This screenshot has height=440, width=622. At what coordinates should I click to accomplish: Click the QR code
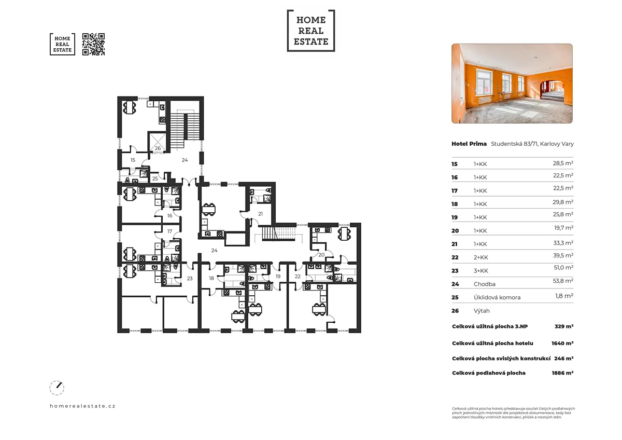pos(94,44)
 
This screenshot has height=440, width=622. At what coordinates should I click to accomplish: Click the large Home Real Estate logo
pos(311,31)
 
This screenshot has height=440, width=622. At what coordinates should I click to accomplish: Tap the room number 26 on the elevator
pos(158,148)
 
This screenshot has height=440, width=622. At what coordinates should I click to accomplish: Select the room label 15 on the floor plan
pos(133,160)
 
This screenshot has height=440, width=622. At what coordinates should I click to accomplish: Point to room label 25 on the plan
pos(155,178)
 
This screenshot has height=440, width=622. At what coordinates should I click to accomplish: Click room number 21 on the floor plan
pos(260,214)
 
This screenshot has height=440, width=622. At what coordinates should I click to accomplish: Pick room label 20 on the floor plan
pos(321,255)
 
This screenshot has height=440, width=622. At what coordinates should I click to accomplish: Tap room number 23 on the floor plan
pos(190,278)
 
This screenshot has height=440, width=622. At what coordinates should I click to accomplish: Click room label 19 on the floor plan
pos(278,276)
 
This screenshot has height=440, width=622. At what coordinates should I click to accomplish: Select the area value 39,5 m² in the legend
pos(563,255)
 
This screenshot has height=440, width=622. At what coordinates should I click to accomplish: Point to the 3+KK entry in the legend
pos(480,271)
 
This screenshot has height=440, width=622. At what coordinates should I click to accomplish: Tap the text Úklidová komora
pos(497,297)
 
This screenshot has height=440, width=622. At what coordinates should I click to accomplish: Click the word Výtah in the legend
pos(482,311)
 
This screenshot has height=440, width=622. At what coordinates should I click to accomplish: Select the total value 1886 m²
pos(562,373)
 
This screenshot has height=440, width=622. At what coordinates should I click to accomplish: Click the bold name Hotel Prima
pos(469,144)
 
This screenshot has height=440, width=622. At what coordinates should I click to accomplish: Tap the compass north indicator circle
pos(57,388)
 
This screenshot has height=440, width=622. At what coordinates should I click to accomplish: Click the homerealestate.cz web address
pos(82,406)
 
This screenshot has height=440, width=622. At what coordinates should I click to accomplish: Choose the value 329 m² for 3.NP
pos(564,326)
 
